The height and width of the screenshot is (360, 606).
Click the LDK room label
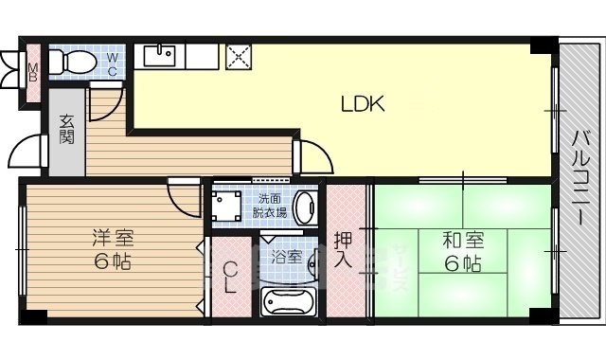pos(363,105)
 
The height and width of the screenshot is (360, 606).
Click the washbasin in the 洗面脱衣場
pos(304,207)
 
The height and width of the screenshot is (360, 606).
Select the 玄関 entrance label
pos(67,128)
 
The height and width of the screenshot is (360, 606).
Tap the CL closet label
pos(230,278)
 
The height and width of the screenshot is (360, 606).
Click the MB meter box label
pos(32,72)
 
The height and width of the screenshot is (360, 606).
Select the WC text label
pos(111,63)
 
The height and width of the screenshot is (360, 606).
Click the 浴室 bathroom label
pos(286,257)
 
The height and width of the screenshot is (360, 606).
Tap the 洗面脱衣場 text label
pos(270,207)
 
